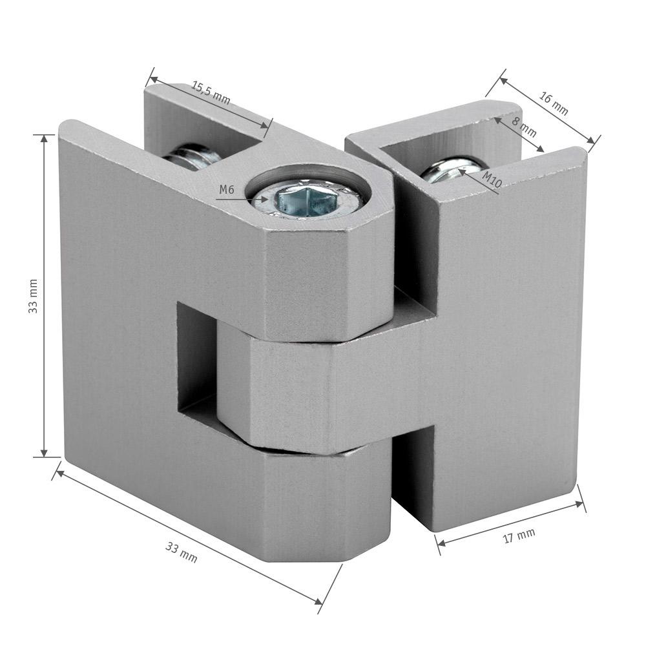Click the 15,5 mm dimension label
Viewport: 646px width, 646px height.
[x=211, y=93]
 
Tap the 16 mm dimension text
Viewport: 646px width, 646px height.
[x=554, y=103]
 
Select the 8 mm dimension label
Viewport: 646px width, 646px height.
[x=524, y=127]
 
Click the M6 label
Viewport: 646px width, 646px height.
[x=227, y=189]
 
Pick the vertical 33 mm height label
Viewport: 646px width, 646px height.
[x=33, y=297]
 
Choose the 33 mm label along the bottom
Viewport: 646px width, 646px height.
[x=182, y=552]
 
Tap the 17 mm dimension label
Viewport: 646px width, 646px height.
[x=519, y=536]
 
